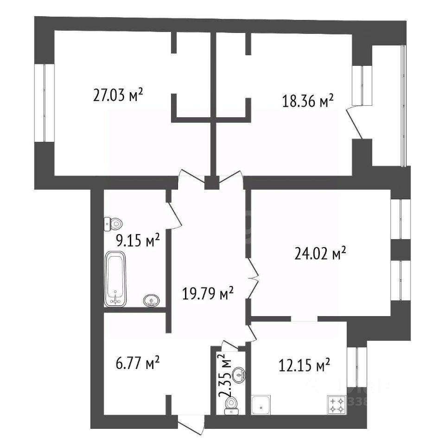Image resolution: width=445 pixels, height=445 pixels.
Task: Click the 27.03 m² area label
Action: (118, 95)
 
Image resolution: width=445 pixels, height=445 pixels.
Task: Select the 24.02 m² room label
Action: (320, 253)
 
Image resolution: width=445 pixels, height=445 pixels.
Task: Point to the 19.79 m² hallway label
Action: (208, 293)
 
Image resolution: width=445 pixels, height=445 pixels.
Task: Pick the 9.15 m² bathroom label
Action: (138, 241)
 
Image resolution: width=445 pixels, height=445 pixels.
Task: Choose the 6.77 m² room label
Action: (138, 363)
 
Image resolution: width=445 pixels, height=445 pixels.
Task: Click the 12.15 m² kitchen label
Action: (304, 366)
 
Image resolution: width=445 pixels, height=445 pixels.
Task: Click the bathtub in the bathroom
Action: (115, 279)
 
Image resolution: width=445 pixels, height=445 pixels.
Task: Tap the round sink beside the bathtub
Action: (152, 300)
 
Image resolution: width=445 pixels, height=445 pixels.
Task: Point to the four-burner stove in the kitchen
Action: (337, 405)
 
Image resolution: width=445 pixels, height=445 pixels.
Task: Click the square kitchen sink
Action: (261, 405)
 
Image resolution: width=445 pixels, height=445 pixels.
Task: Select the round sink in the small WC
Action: (239, 375)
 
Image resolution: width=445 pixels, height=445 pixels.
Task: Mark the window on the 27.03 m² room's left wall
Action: (44, 102)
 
